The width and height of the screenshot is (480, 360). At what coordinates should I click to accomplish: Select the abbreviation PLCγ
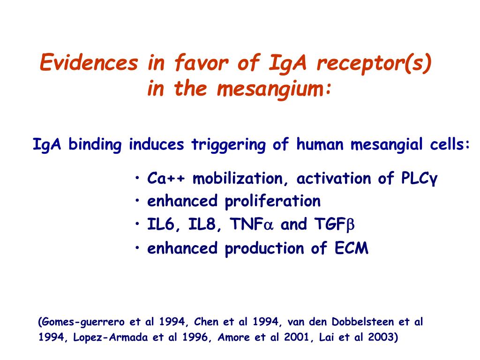tap(419, 179)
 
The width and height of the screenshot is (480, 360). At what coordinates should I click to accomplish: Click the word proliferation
tap(273, 202)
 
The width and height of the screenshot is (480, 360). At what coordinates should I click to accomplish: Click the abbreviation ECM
tap(352, 248)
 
